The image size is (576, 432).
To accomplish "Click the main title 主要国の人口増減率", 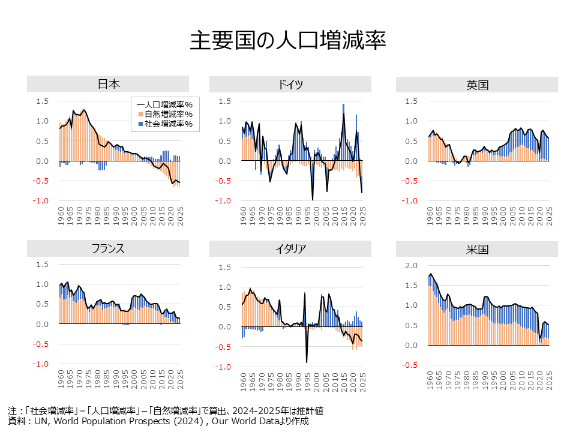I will [287, 40].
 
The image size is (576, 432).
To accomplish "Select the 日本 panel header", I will [108, 84].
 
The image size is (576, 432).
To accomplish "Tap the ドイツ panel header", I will [290, 84].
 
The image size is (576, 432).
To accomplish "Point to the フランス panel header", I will [108, 248].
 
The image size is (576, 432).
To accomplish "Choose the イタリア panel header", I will [290, 248].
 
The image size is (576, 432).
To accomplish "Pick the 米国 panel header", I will [477, 248].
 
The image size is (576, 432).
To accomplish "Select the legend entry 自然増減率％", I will [168, 114].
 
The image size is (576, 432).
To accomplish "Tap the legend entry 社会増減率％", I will [168, 124].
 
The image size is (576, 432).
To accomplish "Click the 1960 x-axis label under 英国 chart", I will [430, 215].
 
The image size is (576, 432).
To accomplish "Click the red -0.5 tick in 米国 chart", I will [409, 365].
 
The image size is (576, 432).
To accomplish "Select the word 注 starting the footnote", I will [12, 411].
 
